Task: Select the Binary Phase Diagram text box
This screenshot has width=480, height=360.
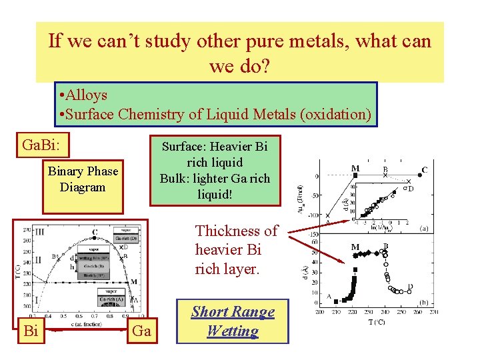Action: pyautogui.click(x=83, y=179)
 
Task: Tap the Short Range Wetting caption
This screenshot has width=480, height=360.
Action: pyautogui.click(x=233, y=321)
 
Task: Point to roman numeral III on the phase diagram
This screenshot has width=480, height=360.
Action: pyautogui.click(x=40, y=232)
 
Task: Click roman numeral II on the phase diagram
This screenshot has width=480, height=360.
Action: pyautogui.click(x=38, y=259)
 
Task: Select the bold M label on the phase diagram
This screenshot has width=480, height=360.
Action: pyautogui.click(x=133, y=281)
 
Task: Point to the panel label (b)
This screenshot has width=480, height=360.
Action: pyautogui.click(x=423, y=301)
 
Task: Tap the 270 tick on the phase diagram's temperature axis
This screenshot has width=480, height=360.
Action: pyautogui.click(x=26, y=229)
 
